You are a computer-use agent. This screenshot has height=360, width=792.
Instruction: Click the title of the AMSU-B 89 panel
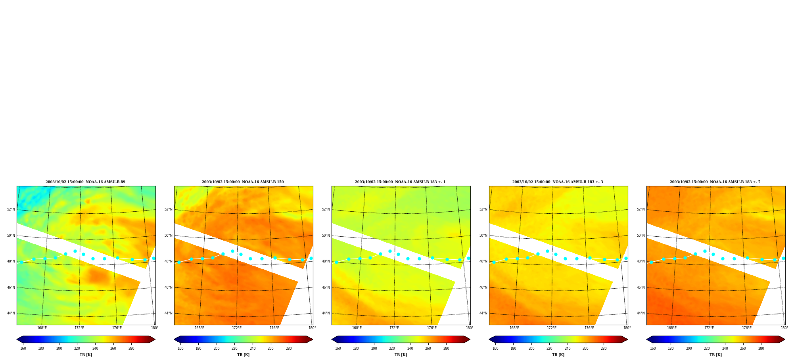[85, 182]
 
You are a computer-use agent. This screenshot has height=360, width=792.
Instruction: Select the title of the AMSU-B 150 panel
[243, 182]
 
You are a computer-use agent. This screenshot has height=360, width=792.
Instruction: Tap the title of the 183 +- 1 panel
[400, 182]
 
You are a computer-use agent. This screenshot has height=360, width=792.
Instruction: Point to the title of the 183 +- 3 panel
[558, 182]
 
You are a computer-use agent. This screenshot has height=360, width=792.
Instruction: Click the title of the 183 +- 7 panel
[715, 182]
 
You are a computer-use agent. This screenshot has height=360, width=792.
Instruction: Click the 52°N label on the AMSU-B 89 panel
[11, 209]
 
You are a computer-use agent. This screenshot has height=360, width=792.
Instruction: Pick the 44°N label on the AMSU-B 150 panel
[168, 313]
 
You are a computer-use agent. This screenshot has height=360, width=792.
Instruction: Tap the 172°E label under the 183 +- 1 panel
[394, 328]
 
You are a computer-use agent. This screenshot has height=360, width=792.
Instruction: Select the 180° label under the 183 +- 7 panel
[784, 328]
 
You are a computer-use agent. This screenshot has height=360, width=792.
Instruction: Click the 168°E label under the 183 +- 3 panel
[514, 328]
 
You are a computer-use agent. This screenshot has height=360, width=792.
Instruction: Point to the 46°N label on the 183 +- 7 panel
[641, 287]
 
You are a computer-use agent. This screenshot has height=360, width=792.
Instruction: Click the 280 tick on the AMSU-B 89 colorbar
[131, 349]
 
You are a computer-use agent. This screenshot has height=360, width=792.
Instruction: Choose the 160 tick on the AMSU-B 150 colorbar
[180, 349]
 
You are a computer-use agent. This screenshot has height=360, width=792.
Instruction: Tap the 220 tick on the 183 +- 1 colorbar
[392, 349]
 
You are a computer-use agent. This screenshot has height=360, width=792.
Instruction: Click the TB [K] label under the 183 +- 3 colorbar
[558, 355]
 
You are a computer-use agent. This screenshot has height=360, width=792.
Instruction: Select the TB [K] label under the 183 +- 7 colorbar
[715, 355]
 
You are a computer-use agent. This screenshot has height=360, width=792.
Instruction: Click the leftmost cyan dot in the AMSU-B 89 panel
[21, 262]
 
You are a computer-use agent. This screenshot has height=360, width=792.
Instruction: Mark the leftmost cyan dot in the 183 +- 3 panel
[494, 262]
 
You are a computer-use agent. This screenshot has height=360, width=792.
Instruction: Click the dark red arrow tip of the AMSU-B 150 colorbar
[312, 339]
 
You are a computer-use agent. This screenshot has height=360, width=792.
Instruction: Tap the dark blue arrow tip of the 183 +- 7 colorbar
[647, 339]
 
